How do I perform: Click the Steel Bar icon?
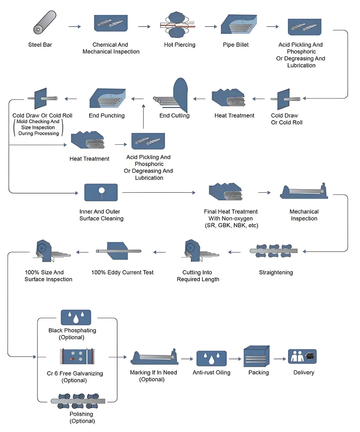pyautogui.click(x=44, y=22)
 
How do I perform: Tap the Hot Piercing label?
pyautogui.click(x=180, y=45)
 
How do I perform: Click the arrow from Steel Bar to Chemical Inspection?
pyautogui.click(x=75, y=26)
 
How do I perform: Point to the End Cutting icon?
pyautogui.click(x=173, y=96)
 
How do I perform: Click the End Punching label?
pyautogui.click(x=107, y=116)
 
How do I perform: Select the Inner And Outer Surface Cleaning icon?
pyautogui.click(x=101, y=193)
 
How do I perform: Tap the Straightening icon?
pyautogui.click(x=274, y=251)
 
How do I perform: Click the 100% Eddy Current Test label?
pyautogui.click(x=122, y=272)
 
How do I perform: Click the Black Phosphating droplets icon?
pyautogui.click(x=76, y=318)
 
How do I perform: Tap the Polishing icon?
pyautogui.click(x=78, y=401)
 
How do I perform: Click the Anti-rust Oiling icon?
pyautogui.click(x=212, y=358)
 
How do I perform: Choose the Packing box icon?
pyautogui.click(x=256, y=357)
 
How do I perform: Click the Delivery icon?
pyautogui.click(x=302, y=357)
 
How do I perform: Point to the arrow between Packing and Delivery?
pyautogui.click(x=280, y=359)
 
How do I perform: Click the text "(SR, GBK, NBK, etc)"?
pyautogui.click(x=232, y=226)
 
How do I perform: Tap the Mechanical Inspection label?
pyautogui.click(x=304, y=215)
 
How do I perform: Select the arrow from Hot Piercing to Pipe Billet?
pyautogui.click(x=211, y=26)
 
